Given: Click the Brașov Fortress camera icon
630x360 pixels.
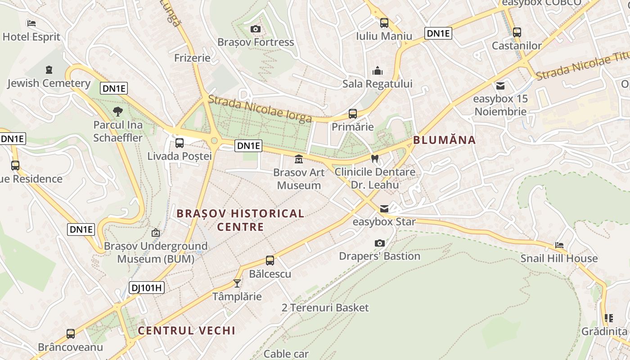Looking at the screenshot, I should pos(256,29).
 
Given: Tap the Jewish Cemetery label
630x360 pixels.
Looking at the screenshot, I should pos(49,83).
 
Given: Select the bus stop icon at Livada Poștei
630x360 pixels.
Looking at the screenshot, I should pos(180,143).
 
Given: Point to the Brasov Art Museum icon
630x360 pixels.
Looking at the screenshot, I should pos(298,159).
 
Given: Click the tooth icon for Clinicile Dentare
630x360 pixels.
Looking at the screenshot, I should pos(374,158).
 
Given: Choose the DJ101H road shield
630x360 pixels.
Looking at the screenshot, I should pos(147,288).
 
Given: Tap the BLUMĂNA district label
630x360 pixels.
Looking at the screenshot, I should pos(444,140).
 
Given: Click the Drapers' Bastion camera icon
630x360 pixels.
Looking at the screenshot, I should pos(380,243).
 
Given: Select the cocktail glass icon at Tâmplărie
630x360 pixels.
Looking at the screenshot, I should pos(237,283).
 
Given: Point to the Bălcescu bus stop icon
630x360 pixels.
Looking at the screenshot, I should pos(270,260).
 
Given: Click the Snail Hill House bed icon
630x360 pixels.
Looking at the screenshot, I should pos(559,245).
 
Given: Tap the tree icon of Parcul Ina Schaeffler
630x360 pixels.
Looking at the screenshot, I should pos(118,111).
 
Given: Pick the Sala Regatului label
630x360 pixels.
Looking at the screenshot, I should pos(377,84).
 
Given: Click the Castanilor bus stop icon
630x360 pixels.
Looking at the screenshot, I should pos(517,32).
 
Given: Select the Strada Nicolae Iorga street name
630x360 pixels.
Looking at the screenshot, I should pos(260,109).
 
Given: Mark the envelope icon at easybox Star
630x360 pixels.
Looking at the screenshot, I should pos(384,209).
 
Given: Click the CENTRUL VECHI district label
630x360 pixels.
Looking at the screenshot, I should pos(186,331).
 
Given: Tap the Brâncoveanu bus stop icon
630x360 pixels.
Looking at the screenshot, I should pos(71,334).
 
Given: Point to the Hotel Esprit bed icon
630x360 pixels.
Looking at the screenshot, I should pos(31,23).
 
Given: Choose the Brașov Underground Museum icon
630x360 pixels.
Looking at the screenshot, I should pos(156,233).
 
